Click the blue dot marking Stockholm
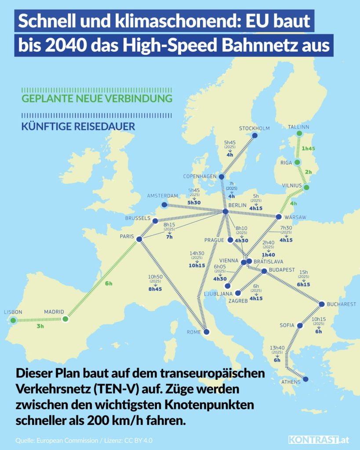point(255,135)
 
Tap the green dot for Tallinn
point(299,133)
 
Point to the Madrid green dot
point(65,319)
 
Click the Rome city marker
point(206,332)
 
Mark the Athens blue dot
point(306,379)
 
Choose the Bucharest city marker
point(322,304)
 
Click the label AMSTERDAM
point(162,196)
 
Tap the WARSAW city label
point(296,217)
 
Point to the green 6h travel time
point(109,283)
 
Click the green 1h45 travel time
point(309,149)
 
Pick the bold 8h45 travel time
point(155,289)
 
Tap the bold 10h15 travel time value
point(197,265)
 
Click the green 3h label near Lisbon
point(40,327)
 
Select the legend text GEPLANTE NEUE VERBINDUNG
point(97,98)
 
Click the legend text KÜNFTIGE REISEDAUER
point(78,127)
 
